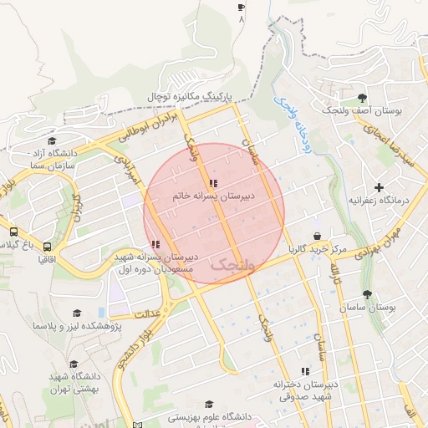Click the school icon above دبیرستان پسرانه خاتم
(213, 183)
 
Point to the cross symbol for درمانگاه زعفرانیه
(380, 187)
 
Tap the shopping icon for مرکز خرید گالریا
(317, 237)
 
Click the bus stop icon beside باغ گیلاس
(14, 232)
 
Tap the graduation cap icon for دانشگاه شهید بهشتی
(74, 364)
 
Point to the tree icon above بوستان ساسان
(367, 294)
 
